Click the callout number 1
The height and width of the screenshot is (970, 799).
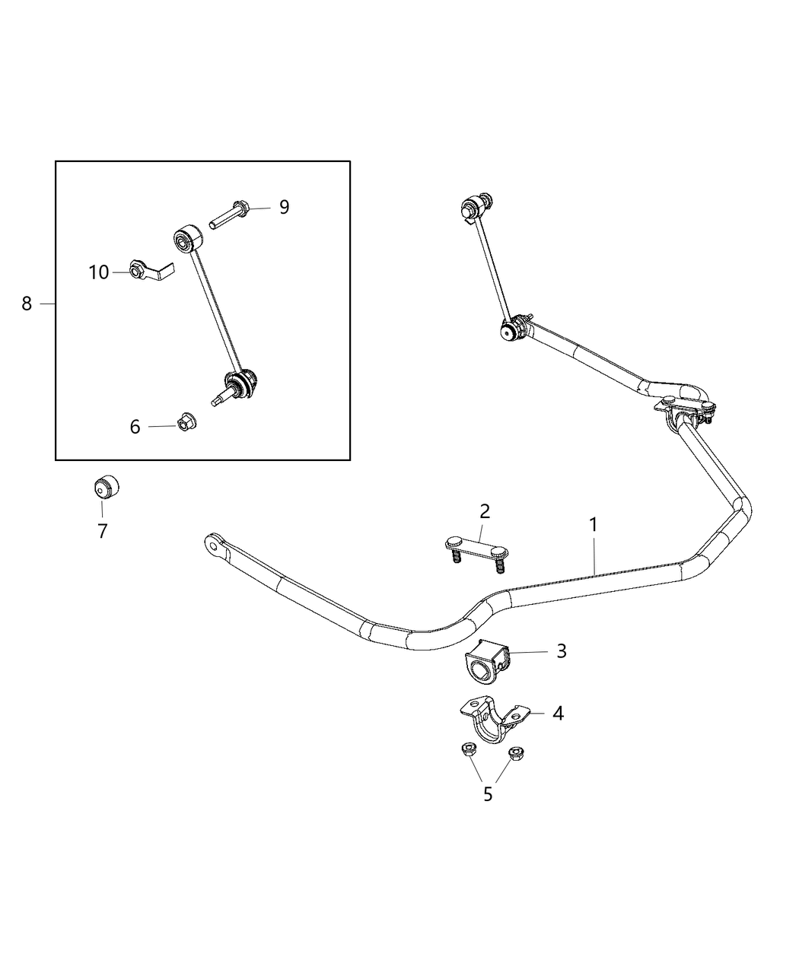(593, 525)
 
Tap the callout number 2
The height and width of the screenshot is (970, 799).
(485, 510)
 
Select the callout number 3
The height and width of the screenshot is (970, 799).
(561, 651)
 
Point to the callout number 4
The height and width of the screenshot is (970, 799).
(558, 714)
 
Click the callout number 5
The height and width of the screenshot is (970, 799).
(488, 793)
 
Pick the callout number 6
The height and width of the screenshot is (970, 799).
(135, 427)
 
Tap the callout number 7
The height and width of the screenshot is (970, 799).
(103, 531)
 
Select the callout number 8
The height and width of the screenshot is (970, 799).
(27, 304)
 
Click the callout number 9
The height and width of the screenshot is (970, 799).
(284, 207)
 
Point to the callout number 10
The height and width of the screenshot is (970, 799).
(99, 272)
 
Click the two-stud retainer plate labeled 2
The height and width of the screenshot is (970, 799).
(476, 548)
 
